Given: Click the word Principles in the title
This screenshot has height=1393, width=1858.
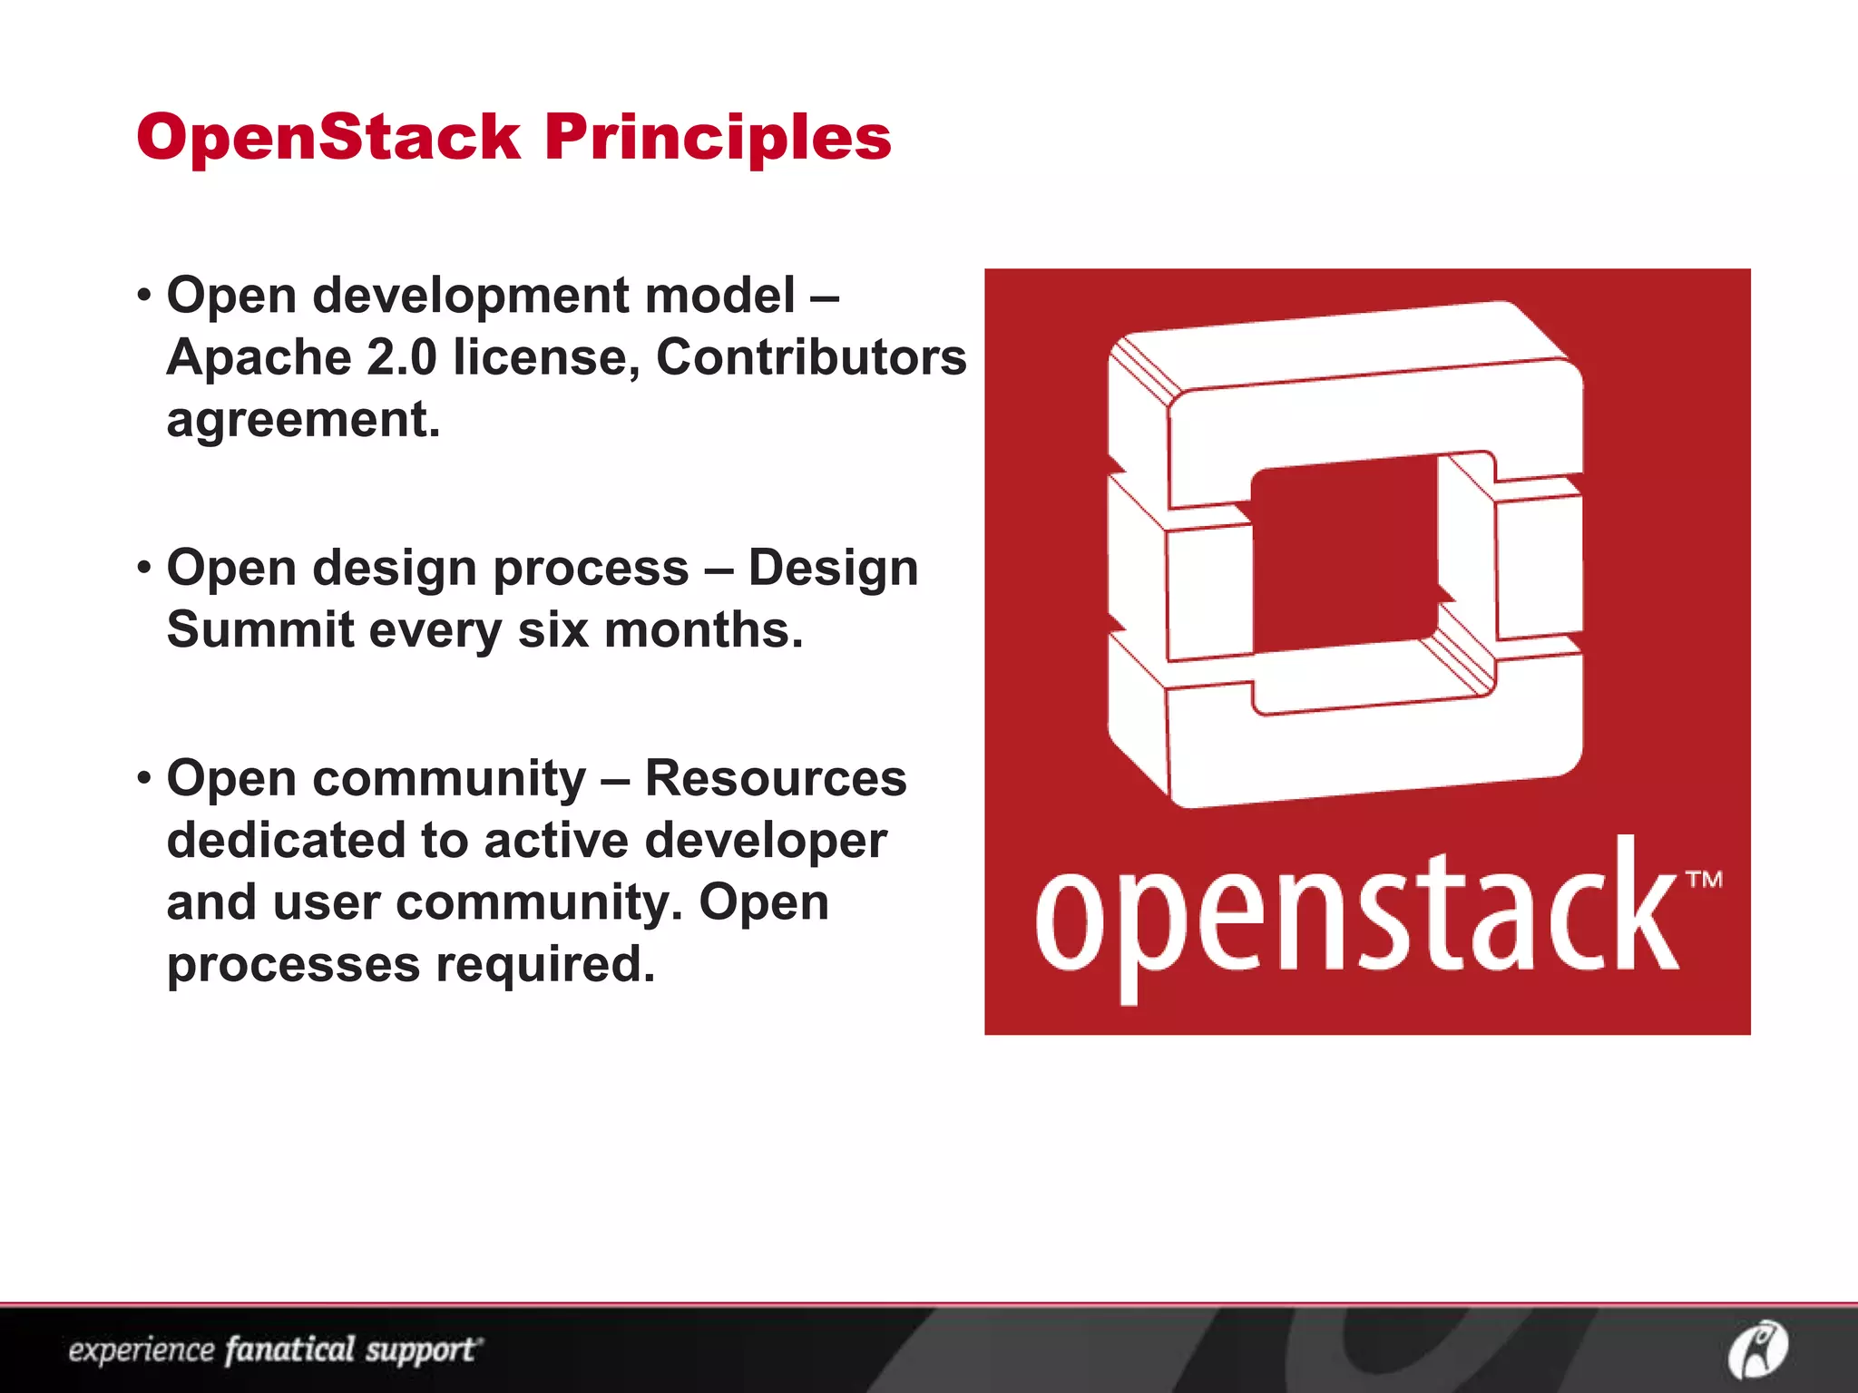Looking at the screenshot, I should [718, 138].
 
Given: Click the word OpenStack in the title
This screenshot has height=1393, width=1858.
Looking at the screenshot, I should [328, 138].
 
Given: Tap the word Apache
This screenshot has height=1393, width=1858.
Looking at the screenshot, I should [259, 356].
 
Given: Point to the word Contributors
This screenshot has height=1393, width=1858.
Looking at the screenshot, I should [811, 356].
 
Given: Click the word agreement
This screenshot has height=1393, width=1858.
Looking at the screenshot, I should [303, 420].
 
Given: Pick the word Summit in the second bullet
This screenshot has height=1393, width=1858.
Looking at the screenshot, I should [259, 629].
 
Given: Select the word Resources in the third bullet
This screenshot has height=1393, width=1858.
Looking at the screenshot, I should [775, 778].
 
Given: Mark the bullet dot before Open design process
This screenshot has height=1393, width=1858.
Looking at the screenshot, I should [144, 569].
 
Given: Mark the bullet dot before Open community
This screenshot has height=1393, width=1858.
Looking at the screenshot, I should [144, 778].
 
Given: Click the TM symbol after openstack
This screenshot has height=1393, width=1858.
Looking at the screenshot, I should [1703, 879].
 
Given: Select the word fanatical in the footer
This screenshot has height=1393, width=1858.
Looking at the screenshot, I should [289, 1349].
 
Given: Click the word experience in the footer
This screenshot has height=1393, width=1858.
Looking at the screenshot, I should [141, 1350].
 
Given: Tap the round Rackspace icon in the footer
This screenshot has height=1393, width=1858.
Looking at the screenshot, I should [1757, 1349].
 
